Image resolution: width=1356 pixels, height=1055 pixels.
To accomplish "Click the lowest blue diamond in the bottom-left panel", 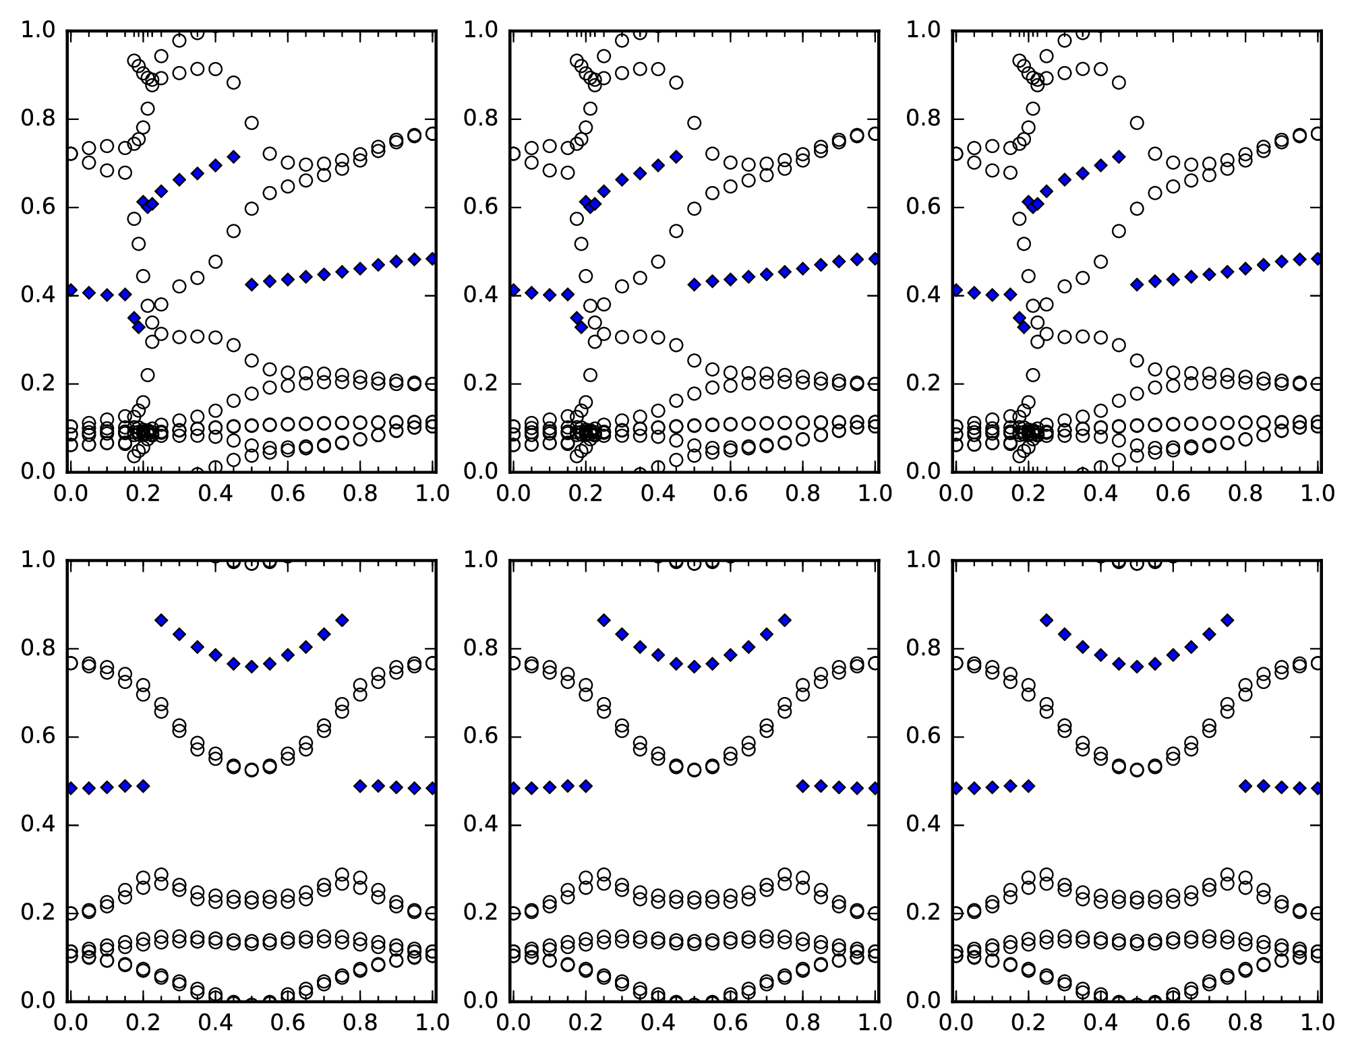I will coord(89,788).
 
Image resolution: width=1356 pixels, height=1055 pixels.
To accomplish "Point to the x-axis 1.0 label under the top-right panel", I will coord(1318,494).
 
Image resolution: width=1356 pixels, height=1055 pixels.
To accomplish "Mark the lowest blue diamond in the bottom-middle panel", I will coord(531,788).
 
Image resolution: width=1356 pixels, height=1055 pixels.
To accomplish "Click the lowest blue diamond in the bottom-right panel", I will coord(974,788).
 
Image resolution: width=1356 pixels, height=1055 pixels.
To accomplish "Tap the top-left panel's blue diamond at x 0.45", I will coord(233,156).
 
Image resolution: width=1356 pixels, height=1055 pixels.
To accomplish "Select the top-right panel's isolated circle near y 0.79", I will coord(1137,123).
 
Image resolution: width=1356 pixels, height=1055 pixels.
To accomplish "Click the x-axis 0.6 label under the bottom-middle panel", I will coord(730,1023).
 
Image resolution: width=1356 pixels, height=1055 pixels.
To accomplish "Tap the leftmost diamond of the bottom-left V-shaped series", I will coord(161,620).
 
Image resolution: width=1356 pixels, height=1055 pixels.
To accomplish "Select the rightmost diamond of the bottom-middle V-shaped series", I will coord(784,620).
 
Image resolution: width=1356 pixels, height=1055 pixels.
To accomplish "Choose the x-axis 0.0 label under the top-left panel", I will coord(67,494).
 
